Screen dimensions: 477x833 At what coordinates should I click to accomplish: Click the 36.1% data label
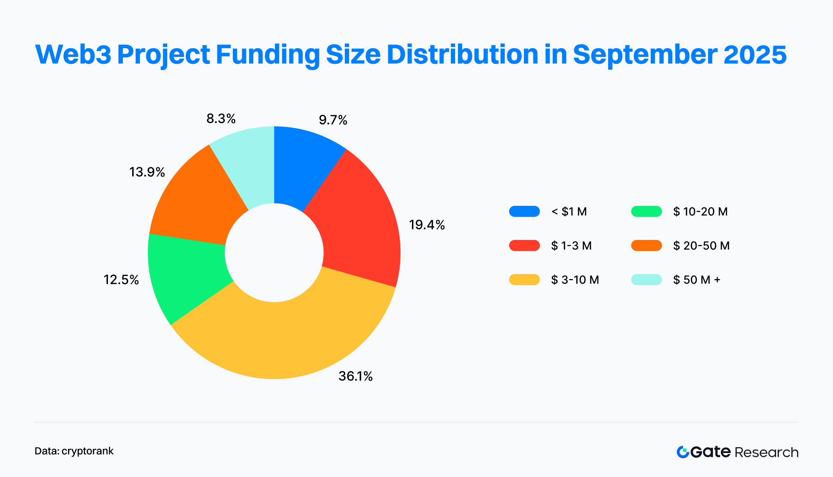click(x=355, y=376)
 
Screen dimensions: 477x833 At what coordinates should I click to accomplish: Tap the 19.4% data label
click(x=427, y=225)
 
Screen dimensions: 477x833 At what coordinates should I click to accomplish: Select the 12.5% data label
click(x=121, y=280)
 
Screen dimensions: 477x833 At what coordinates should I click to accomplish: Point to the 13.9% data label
click(x=147, y=172)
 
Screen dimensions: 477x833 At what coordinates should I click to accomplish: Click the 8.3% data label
click(x=221, y=119)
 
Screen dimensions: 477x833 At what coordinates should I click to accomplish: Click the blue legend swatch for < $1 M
click(x=524, y=211)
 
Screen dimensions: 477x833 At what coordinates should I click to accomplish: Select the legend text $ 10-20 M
click(x=700, y=211)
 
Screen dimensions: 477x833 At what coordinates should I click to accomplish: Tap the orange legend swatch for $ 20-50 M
click(x=646, y=245)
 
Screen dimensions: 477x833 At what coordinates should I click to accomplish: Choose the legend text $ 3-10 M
click(x=575, y=280)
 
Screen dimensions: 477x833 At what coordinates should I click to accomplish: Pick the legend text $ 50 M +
click(x=697, y=280)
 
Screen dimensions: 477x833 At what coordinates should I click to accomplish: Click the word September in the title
click(x=645, y=55)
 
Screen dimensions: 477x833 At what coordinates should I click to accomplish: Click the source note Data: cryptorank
click(x=74, y=451)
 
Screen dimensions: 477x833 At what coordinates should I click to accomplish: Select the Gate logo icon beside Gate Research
click(x=683, y=452)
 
